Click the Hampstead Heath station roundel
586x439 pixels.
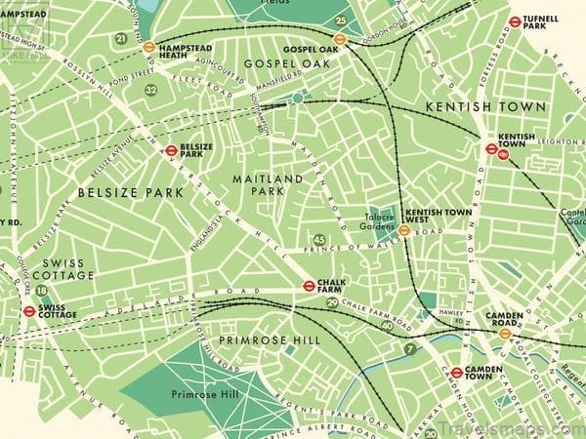point(148,46)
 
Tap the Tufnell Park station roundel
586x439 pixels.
point(515,20)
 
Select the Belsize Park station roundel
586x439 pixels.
point(171,151)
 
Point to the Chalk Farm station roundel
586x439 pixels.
point(309,286)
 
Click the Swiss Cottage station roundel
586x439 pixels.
point(29,312)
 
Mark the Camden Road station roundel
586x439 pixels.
point(505,334)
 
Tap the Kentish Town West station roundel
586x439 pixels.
point(403,230)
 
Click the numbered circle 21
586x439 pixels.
point(121,38)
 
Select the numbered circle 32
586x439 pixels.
point(150,90)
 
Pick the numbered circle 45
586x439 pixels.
point(319,240)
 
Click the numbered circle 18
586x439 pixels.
point(41,290)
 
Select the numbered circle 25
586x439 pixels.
point(340,20)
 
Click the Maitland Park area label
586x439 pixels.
point(258,185)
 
